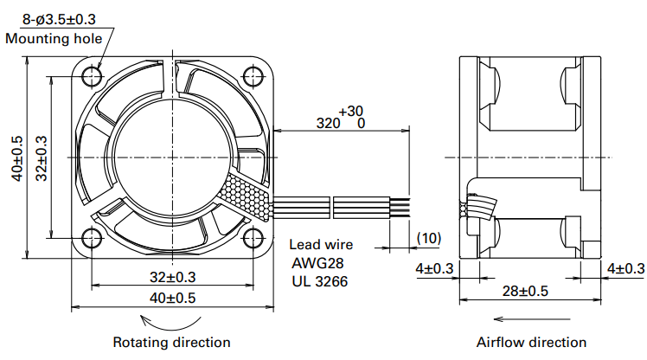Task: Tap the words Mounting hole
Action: click(54, 38)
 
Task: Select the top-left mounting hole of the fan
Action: click(92, 76)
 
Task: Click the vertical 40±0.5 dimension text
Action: click(16, 157)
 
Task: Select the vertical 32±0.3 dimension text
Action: click(41, 157)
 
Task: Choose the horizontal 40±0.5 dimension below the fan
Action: click(172, 298)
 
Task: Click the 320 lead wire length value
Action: click(329, 124)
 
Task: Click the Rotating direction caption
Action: click(172, 343)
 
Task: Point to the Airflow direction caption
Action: click(531, 343)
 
